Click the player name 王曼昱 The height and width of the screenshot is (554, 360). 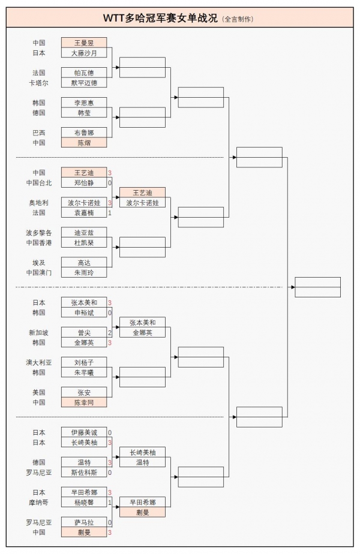(x=84, y=43)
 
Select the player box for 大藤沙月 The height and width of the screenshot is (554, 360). (x=84, y=53)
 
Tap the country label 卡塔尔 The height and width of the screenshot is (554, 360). (x=38, y=83)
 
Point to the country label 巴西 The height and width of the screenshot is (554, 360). (x=38, y=133)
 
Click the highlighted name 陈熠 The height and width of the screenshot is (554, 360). (x=84, y=143)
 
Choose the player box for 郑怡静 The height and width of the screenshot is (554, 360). (x=84, y=183)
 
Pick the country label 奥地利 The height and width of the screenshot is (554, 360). (x=38, y=203)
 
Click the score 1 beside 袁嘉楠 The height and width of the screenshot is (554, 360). (x=110, y=213)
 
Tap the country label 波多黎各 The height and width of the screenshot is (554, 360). (x=38, y=233)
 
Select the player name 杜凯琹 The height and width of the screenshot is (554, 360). (x=84, y=243)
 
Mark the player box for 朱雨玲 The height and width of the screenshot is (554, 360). (x=84, y=273)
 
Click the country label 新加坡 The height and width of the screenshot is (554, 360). (x=38, y=333)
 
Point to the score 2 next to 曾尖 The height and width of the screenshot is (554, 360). (x=110, y=333)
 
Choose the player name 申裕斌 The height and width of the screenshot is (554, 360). (x=84, y=312)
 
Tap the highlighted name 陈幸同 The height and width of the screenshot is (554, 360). (x=84, y=402)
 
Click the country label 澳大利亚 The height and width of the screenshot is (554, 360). (x=38, y=363)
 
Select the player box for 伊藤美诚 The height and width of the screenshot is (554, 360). (x=84, y=432)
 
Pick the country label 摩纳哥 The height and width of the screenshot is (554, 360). (x=38, y=502)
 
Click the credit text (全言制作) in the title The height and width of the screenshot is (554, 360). (x=238, y=19)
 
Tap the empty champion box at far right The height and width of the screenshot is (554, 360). (x=317, y=287)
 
